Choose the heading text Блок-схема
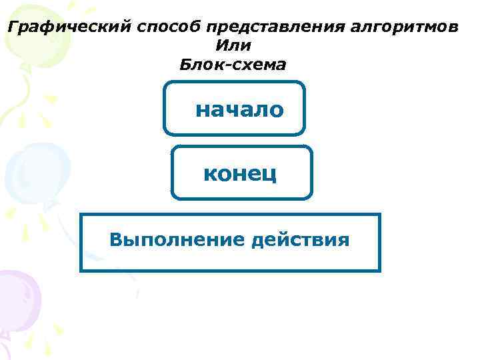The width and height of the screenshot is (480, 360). [233, 65]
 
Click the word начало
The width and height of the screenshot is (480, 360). [239, 109]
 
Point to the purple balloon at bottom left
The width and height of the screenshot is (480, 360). [19, 297]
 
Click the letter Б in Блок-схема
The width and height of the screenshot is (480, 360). [185, 65]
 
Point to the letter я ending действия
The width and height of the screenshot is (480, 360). [344, 240]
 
